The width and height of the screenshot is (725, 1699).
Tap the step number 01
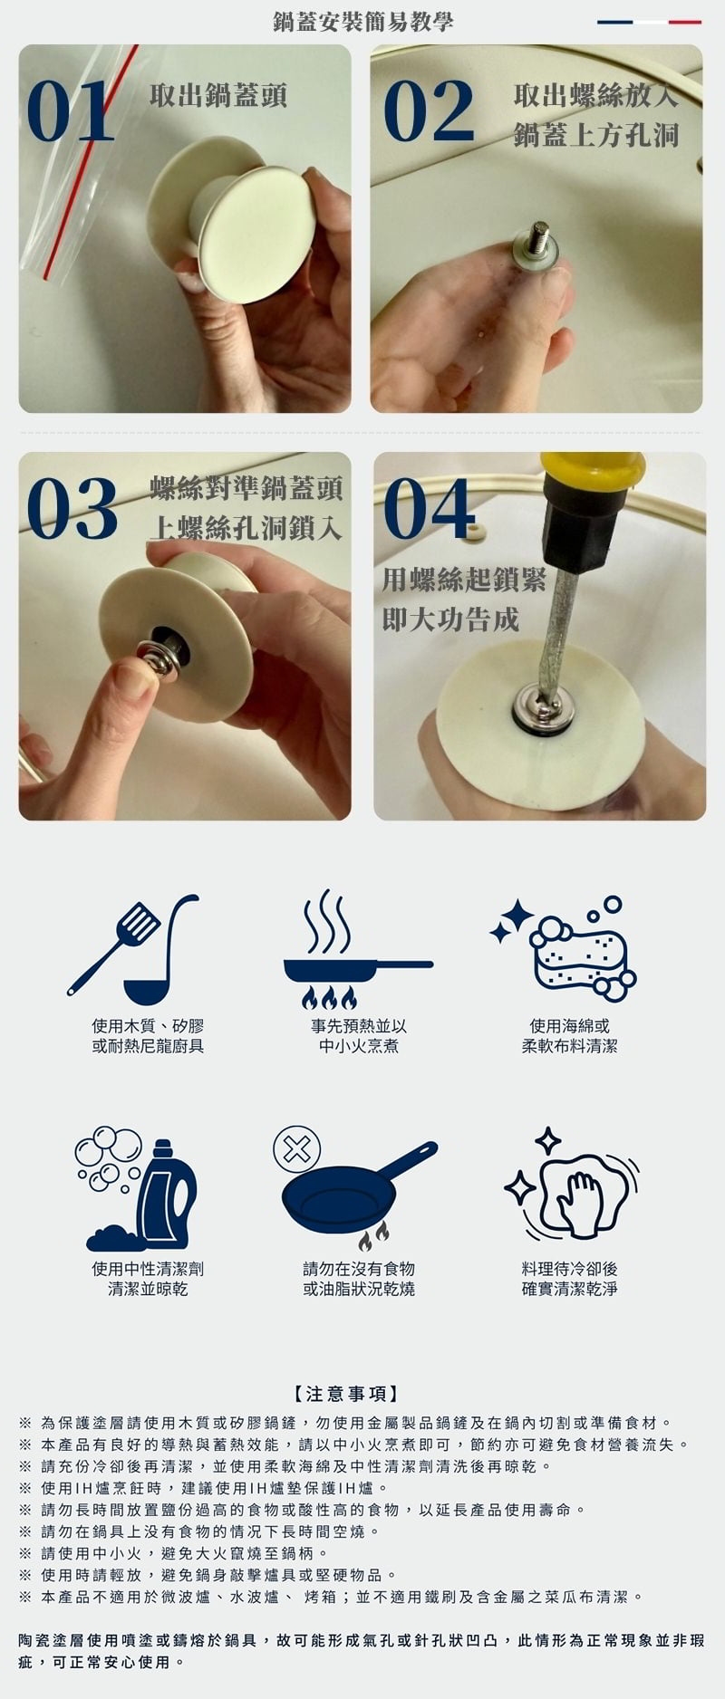[72, 110]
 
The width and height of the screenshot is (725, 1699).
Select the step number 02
[429, 110]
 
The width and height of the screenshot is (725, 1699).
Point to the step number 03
[72, 508]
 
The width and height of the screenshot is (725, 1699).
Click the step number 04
[429, 508]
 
